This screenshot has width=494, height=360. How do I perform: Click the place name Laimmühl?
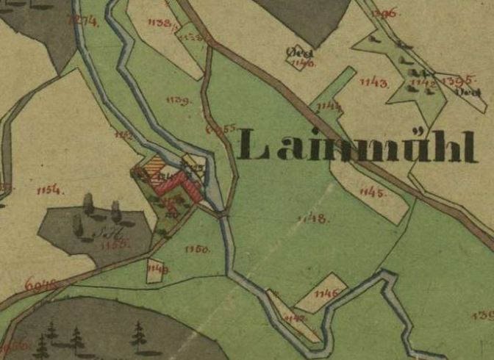pyautogui.click(x=359, y=146)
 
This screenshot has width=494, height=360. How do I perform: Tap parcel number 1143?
pyautogui.click(x=374, y=82)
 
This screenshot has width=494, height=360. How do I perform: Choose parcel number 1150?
pyautogui.click(x=198, y=250)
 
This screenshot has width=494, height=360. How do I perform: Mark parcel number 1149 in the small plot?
pyautogui.click(x=157, y=270)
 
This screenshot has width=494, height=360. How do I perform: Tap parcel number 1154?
pyautogui.click(x=49, y=191)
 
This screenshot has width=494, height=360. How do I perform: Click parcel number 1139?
pyautogui.click(x=179, y=100)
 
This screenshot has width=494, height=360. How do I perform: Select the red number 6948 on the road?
pyautogui.click(x=38, y=283)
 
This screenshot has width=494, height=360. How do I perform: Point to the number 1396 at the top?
pyautogui.click(x=384, y=13)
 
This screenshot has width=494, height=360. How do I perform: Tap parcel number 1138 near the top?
pyautogui.click(x=165, y=24)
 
